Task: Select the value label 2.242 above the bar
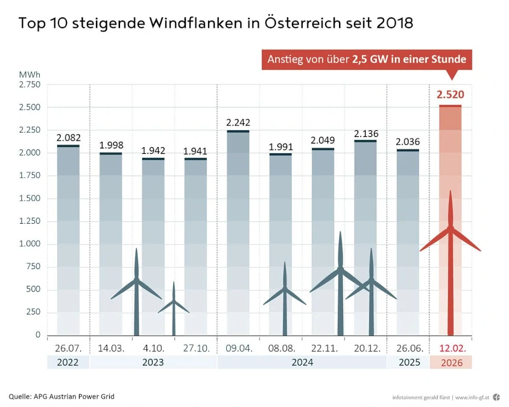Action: [x=238, y=123]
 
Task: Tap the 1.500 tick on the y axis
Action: [x=29, y=198]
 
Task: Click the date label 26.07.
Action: [x=68, y=349]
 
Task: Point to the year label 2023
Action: [x=153, y=363]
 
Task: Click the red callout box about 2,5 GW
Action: [x=366, y=60]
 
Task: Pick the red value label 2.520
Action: [x=450, y=95]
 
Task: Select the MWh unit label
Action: [x=30, y=74]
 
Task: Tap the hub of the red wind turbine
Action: [x=450, y=228]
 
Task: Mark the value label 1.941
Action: [x=195, y=151]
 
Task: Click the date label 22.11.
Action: [x=323, y=349]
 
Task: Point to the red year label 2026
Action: [x=450, y=363]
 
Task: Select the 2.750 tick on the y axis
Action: [x=29, y=84]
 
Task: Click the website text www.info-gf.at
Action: [x=472, y=397]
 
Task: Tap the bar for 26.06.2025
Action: [x=408, y=241]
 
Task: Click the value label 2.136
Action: [x=365, y=133]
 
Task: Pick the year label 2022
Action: [x=68, y=363]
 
